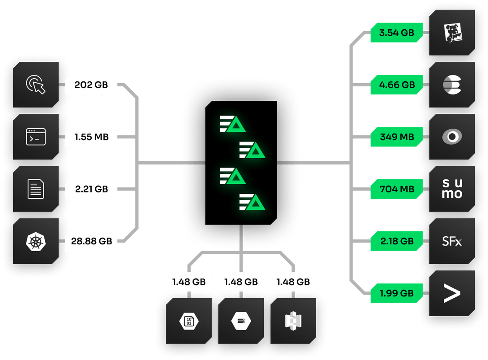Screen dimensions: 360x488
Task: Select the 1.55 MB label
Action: [x=92, y=137]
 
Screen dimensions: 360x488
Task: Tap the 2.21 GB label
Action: [x=92, y=189]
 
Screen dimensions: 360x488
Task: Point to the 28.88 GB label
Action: [x=92, y=241]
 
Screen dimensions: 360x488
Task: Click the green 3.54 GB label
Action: [x=397, y=33]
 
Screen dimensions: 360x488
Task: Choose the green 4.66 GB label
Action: [x=397, y=84]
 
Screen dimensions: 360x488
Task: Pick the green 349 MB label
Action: [x=397, y=137]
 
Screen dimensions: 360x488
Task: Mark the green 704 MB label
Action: [x=397, y=189]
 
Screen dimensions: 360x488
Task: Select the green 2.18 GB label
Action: [x=397, y=241]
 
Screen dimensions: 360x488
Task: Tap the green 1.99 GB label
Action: [x=397, y=293]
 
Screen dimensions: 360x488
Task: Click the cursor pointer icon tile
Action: [x=36, y=84]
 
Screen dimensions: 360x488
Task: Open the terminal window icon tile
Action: [x=36, y=137]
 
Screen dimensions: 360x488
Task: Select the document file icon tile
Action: [x=36, y=189]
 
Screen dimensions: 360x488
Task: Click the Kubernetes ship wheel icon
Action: [x=36, y=241]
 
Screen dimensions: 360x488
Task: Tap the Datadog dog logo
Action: [x=452, y=33]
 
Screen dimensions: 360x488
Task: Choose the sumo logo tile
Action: [x=452, y=189]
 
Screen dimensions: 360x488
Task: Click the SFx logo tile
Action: [x=452, y=241]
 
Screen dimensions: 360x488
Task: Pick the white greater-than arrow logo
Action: [x=452, y=293]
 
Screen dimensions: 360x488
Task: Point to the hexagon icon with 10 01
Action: [x=188, y=321]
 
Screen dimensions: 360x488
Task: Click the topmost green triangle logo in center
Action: [x=233, y=123]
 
